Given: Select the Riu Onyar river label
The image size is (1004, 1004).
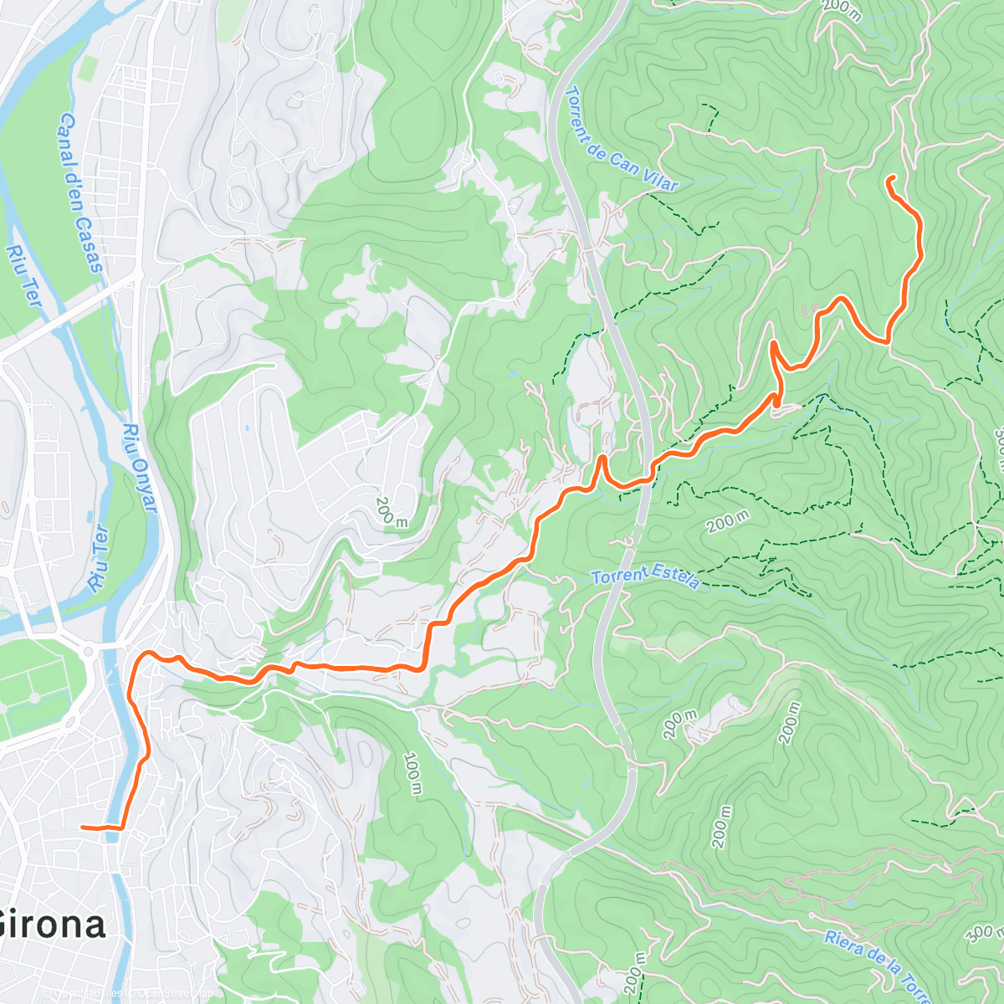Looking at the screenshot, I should click(x=140, y=468).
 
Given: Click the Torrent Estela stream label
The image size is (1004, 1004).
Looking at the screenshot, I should click(x=645, y=577).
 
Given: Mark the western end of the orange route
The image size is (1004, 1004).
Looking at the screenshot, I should click(x=83, y=827).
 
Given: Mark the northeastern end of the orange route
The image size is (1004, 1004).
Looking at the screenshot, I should click(x=889, y=178).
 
